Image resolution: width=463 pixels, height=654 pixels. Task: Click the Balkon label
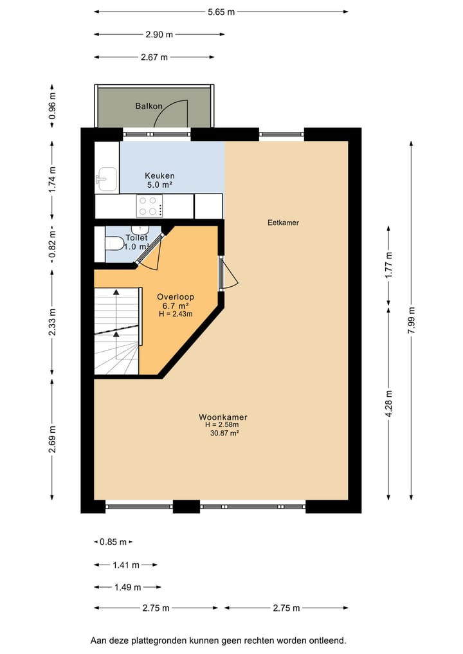[x=149, y=106]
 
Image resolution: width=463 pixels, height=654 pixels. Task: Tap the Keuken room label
[x=159, y=176]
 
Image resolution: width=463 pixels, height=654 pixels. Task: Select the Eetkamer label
[x=283, y=223]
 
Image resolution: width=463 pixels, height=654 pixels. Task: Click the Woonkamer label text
[x=222, y=417]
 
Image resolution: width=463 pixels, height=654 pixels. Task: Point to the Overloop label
[x=176, y=297]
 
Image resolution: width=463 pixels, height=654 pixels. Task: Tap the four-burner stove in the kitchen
[x=149, y=206]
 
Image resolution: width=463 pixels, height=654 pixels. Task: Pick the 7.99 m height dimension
[x=412, y=320]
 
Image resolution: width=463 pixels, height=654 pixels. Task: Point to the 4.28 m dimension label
[x=388, y=402]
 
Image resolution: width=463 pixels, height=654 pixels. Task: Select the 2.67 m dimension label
[x=154, y=57]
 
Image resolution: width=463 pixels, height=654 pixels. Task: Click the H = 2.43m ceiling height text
[x=176, y=314]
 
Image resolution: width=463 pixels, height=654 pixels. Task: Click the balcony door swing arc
[x=172, y=113]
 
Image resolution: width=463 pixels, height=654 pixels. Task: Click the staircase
[x=116, y=331]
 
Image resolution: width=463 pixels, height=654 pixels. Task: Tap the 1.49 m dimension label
[x=127, y=586]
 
